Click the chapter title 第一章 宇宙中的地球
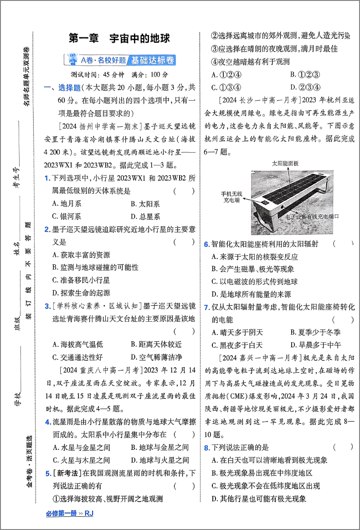(x=119, y=39)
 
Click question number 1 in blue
(x=47, y=179)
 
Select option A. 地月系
(x=67, y=204)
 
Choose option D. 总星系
(x=145, y=216)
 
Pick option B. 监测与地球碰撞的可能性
(x=95, y=267)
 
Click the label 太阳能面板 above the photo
(x=285, y=163)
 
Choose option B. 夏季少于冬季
(x=315, y=332)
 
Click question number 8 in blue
(x=206, y=448)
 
